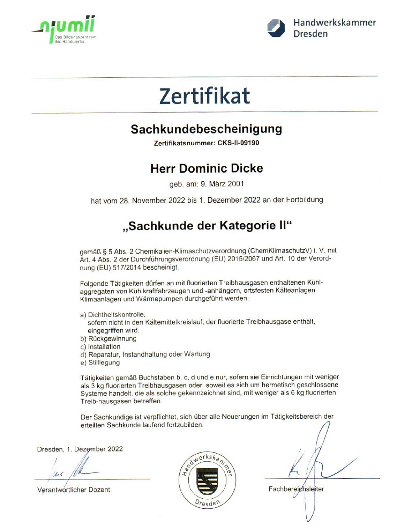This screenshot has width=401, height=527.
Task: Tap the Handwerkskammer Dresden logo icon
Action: [x=276, y=28]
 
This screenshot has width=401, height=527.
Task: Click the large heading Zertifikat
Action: [x=205, y=96]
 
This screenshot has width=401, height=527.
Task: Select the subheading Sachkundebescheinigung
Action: [x=206, y=129]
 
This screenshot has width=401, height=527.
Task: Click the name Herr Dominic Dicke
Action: [x=206, y=168]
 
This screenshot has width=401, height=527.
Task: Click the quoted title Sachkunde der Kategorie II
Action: [x=206, y=226]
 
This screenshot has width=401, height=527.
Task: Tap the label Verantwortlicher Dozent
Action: [x=73, y=490]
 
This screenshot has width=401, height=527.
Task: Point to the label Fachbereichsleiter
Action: [x=296, y=489]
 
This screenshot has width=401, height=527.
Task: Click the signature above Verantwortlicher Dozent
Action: [x=68, y=469]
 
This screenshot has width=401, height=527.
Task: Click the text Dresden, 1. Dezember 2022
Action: [x=80, y=449]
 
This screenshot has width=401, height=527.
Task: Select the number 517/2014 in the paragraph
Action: [x=119, y=267]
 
